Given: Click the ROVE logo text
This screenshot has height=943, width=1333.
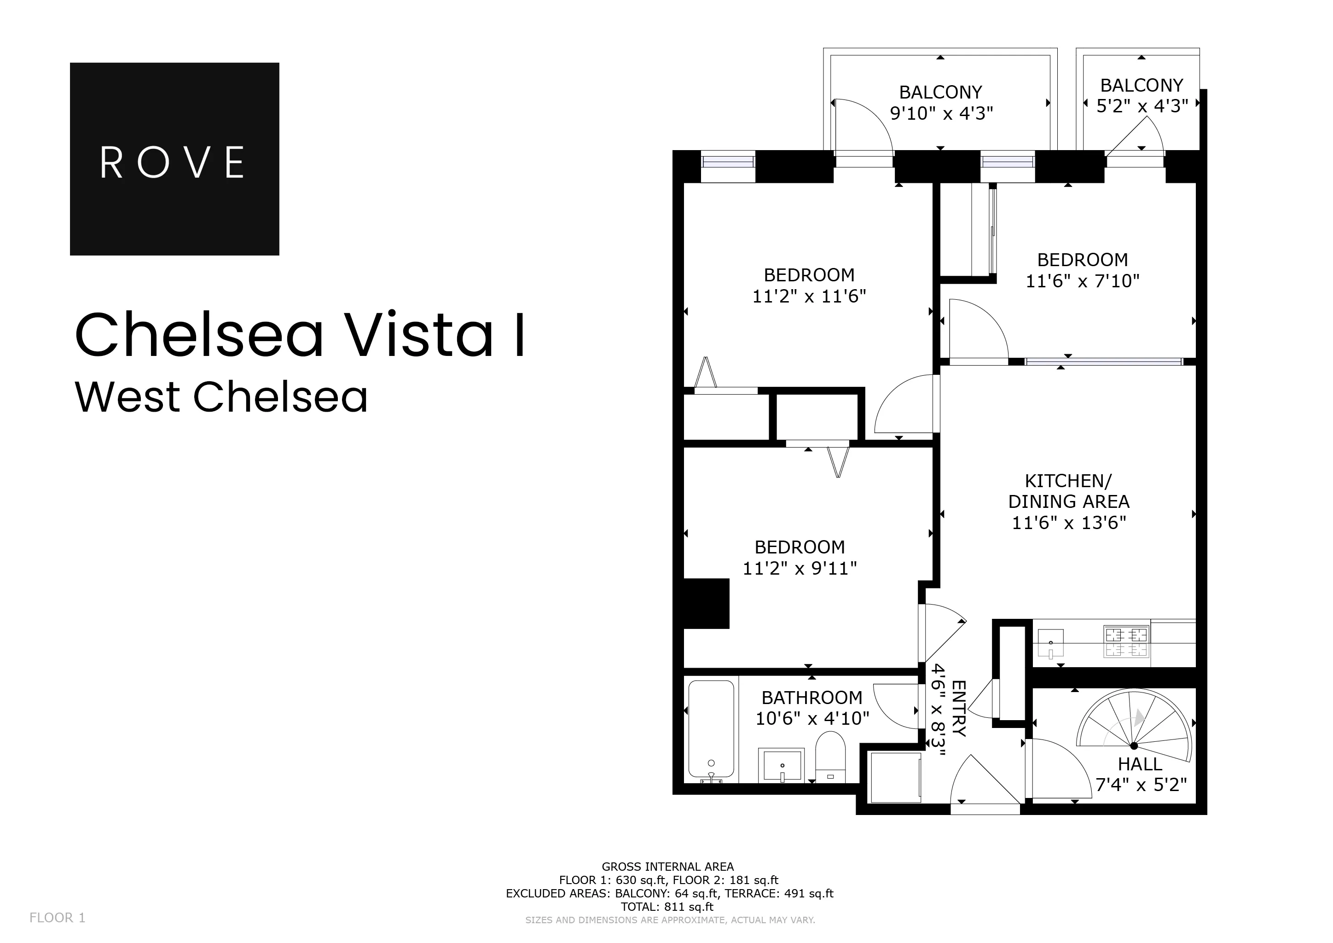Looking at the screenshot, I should coord(173,163).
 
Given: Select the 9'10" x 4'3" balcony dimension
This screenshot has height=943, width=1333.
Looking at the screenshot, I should coord(941,113).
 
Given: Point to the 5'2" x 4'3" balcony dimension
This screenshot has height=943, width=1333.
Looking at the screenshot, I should coord(1142,106).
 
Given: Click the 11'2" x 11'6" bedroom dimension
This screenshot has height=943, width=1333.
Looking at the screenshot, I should coord(809,297).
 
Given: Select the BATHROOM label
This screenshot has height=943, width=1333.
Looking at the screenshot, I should coord(811,698).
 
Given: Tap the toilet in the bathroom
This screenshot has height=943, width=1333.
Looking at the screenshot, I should coord(830,757).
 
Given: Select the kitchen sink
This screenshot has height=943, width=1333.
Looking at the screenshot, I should coord(1051,643).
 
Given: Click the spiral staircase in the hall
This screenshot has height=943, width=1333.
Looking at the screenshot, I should coord(1132,726).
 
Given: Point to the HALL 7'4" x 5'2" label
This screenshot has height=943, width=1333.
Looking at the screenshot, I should coord(1140,774).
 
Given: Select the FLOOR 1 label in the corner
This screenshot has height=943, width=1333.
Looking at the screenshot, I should coord(58,918).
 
